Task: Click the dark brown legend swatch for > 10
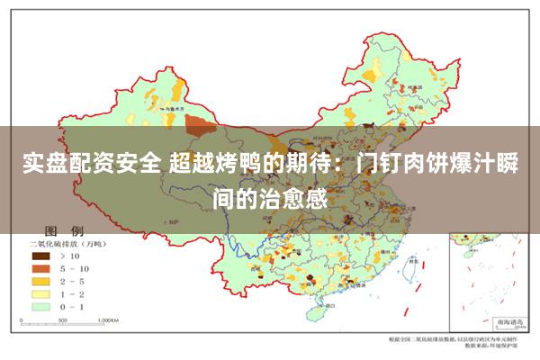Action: pos(41,256)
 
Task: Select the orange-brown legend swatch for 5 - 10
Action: pos(41,268)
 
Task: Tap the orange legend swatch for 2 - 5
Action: pos(41,281)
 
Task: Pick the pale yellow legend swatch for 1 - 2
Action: pos(41,293)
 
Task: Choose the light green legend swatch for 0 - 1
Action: pos(41,306)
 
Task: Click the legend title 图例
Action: pos(71,230)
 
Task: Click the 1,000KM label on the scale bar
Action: pos(109,319)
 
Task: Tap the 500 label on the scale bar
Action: pos(71,319)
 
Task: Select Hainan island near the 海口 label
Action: pos(316,314)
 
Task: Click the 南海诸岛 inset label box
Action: pos(499,319)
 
